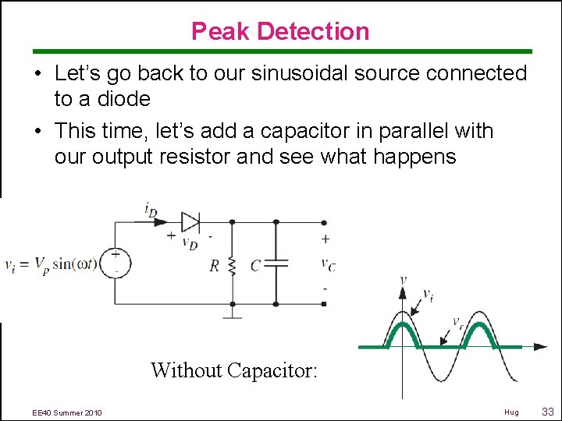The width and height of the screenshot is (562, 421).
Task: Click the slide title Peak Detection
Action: point(280,31)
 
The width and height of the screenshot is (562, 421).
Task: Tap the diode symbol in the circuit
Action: point(190,221)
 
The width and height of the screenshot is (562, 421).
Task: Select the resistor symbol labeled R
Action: point(232,266)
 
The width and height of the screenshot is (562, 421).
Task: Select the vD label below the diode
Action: point(189,242)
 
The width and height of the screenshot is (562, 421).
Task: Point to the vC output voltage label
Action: point(328,264)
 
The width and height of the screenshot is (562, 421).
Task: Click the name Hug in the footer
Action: point(511,412)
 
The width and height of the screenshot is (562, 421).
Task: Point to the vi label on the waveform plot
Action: point(428,295)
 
